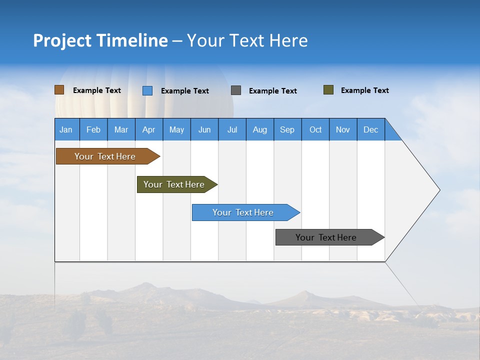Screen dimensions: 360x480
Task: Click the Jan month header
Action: (66, 129)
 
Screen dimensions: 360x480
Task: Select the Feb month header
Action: (93, 129)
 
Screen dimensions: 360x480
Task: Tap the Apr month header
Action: (148, 129)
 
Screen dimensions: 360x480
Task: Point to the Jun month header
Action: (204, 129)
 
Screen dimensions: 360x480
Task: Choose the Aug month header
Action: (260, 129)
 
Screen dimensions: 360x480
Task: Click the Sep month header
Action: (287, 129)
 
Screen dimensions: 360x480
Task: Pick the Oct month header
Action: (315, 129)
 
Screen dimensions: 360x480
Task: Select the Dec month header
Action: (371, 129)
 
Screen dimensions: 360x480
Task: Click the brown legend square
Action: (59, 90)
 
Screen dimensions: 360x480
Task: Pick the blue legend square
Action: (147, 90)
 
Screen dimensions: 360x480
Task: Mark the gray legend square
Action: (236, 90)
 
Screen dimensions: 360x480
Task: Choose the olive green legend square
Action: (328, 90)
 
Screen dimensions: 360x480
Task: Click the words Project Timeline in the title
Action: (100, 40)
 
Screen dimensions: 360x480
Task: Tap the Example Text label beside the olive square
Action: (364, 90)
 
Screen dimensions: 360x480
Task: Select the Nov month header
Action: (343, 129)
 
